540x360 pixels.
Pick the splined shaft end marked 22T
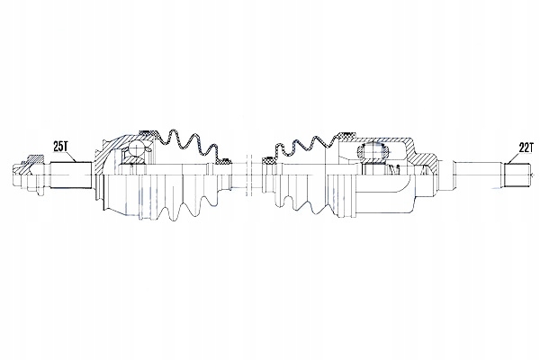(x=518, y=174)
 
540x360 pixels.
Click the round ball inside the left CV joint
(x=135, y=149)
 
